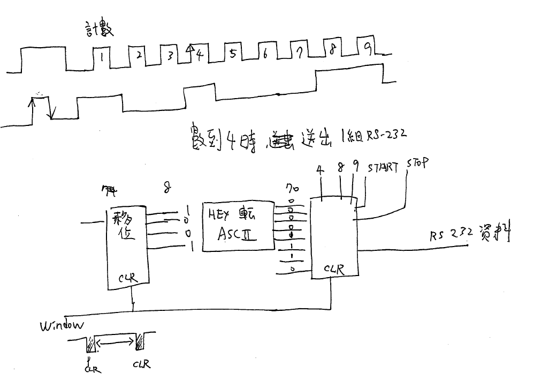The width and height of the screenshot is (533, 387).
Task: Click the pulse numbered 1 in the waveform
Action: (101, 55)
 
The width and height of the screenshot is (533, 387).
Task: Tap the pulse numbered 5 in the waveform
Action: (232, 54)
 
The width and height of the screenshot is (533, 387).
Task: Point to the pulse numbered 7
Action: (300, 53)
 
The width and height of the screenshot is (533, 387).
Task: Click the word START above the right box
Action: (383, 167)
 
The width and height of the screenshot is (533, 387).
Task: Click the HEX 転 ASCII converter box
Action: (237, 226)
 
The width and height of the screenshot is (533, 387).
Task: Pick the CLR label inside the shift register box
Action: (127, 278)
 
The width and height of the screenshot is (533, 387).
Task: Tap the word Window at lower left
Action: (62, 325)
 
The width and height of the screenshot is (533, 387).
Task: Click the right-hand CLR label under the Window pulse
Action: (142, 364)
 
